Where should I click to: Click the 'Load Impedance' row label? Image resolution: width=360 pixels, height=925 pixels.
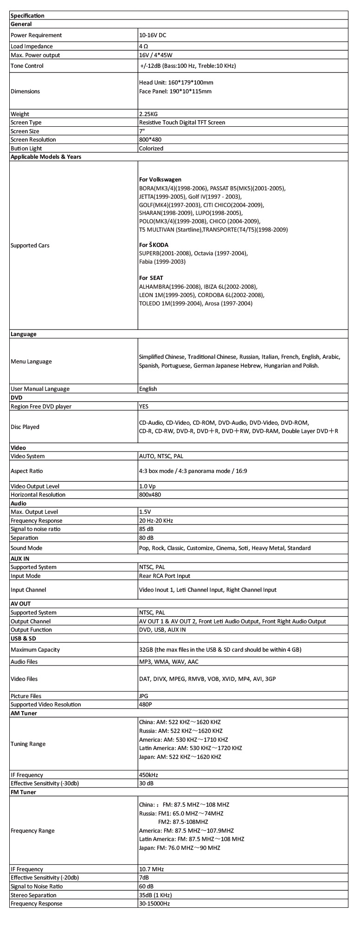(x=32, y=46)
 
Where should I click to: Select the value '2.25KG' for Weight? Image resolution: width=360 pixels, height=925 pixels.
(x=148, y=114)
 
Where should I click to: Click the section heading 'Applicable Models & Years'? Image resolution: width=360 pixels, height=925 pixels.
(x=45, y=157)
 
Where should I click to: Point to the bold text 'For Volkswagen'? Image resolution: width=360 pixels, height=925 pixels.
(x=160, y=180)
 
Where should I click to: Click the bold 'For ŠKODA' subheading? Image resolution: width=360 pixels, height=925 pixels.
(x=154, y=245)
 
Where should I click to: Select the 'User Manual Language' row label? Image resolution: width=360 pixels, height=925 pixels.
(x=40, y=389)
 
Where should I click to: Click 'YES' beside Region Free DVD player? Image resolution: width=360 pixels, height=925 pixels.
(x=143, y=407)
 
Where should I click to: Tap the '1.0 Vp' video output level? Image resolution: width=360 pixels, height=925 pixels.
(x=147, y=486)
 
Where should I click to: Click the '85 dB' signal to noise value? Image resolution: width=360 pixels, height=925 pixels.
(x=147, y=529)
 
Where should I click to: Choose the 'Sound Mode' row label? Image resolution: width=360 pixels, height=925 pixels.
(x=26, y=548)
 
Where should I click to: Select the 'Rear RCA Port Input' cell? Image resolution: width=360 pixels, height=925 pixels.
(x=165, y=576)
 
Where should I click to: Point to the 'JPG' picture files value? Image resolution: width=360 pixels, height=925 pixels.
(x=144, y=696)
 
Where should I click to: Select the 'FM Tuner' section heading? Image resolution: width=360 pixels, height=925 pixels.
(x=23, y=792)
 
